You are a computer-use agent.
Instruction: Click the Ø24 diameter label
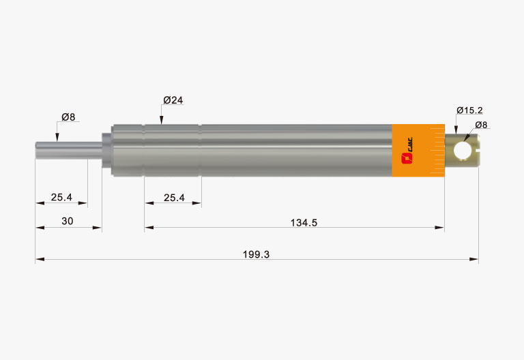[x=173, y=100]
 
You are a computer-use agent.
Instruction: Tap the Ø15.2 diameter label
[x=469, y=110]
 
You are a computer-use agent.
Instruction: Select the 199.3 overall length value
[x=256, y=254]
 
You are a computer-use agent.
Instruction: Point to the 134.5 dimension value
[x=304, y=223]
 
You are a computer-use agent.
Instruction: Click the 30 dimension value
[x=67, y=221]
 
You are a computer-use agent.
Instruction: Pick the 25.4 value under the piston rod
[x=61, y=197]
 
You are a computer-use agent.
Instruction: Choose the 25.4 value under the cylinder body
[x=174, y=198]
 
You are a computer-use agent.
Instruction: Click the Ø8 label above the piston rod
[x=68, y=117]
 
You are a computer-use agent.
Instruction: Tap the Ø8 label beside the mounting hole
[x=481, y=125]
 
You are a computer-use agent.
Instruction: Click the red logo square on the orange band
[x=407, y=158]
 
